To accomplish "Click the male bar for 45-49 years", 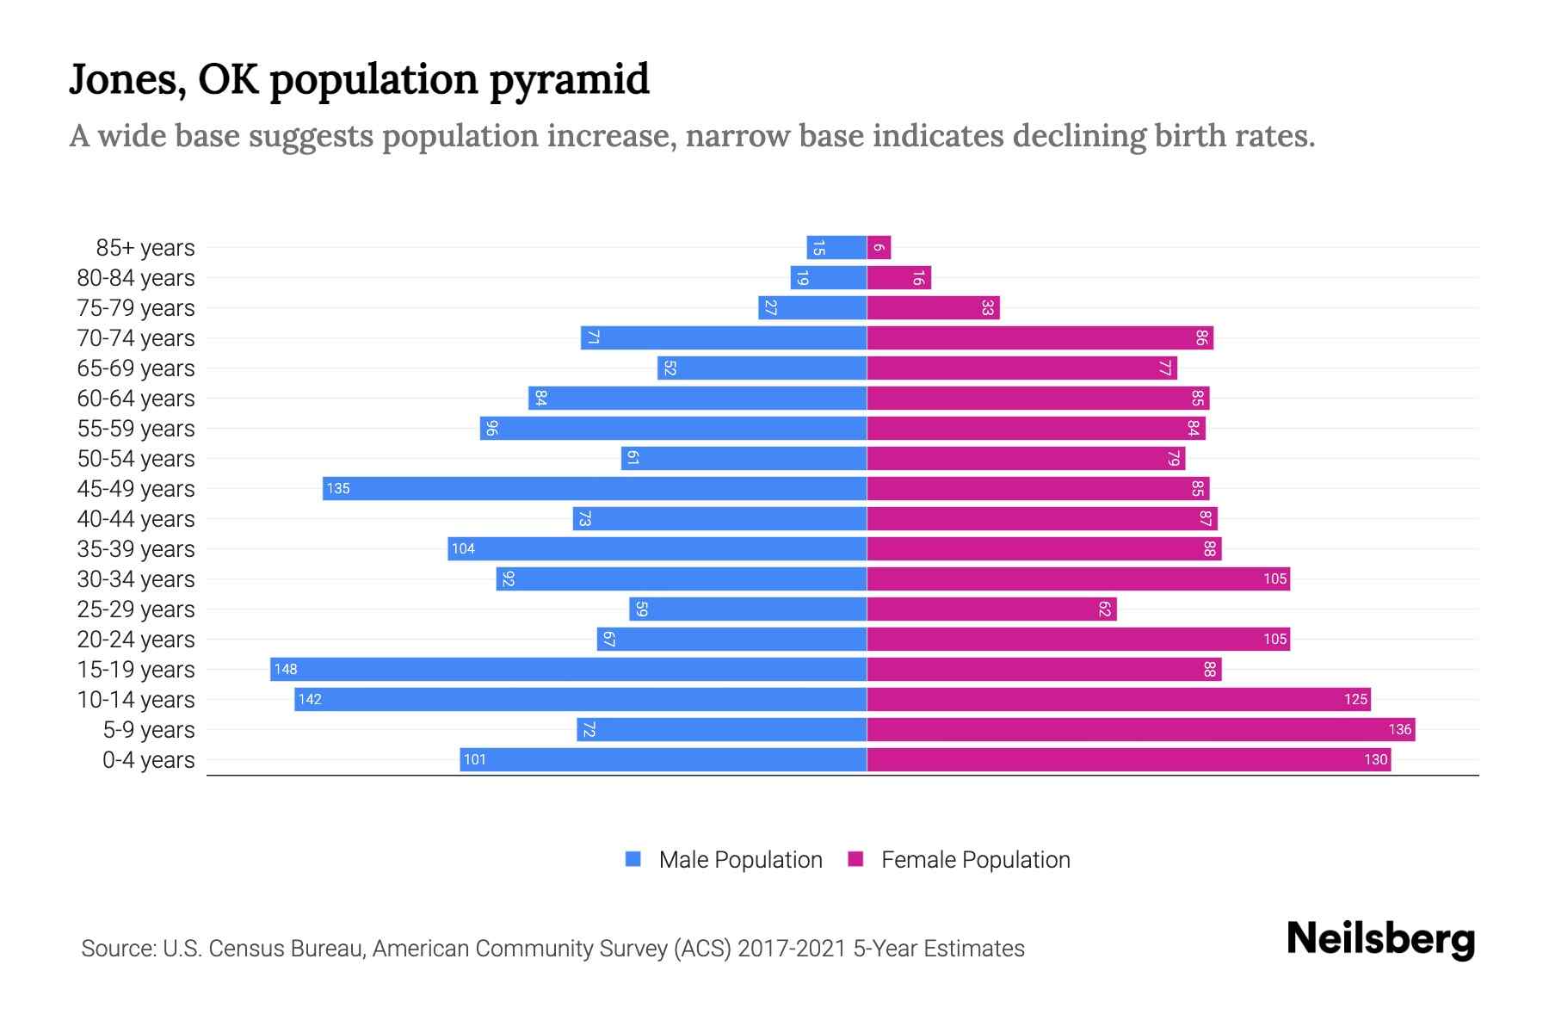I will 594,488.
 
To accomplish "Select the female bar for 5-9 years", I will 1140,729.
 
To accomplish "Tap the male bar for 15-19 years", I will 568,669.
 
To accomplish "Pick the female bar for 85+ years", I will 879,248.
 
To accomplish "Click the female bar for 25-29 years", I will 991,609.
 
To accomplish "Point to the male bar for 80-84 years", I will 829,278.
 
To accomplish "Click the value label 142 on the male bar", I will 310,699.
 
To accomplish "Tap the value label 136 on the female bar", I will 1399,729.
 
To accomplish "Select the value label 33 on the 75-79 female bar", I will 987,308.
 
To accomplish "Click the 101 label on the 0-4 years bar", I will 475,759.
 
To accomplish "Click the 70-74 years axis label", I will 136,338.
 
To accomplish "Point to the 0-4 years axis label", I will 148,760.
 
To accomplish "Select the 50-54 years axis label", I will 136,459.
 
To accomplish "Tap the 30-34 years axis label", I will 136,579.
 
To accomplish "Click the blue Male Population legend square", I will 633,859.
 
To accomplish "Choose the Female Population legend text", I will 975,860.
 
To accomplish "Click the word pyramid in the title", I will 570,80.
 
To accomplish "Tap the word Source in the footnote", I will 118,949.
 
